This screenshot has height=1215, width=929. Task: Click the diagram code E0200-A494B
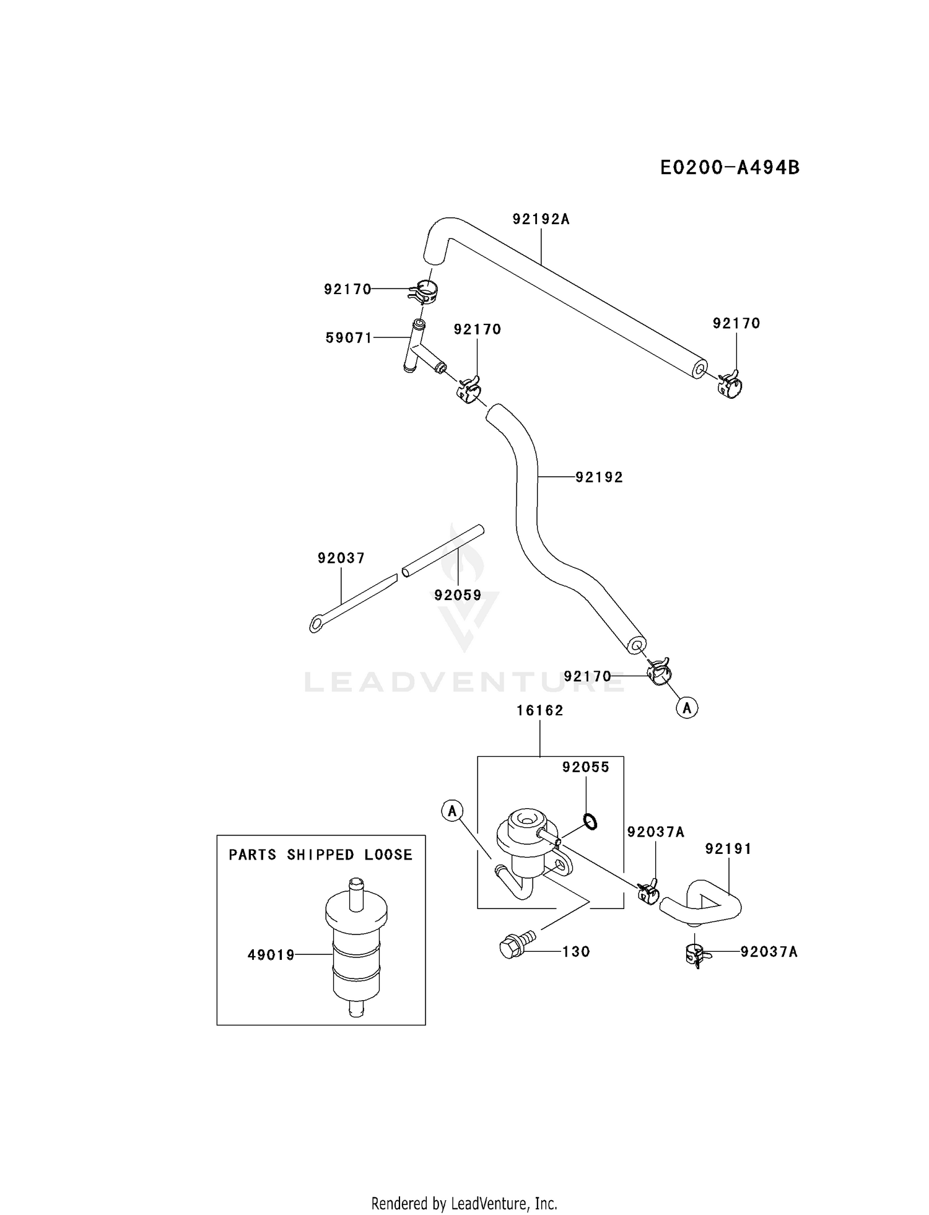730,167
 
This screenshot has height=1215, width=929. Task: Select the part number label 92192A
541,219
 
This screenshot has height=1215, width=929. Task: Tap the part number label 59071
349,337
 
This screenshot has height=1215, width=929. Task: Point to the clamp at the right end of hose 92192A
730,383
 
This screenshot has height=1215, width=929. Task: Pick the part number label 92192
599,477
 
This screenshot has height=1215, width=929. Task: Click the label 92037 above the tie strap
341,558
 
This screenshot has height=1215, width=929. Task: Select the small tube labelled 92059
443,551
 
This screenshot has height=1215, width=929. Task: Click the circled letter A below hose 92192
687,707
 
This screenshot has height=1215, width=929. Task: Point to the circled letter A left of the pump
453,810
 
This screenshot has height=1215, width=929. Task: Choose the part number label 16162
540,710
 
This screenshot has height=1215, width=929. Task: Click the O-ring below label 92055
590,822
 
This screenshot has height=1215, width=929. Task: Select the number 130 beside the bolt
576,951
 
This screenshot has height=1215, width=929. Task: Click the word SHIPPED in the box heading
321,855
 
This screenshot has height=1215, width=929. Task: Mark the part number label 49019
271,955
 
